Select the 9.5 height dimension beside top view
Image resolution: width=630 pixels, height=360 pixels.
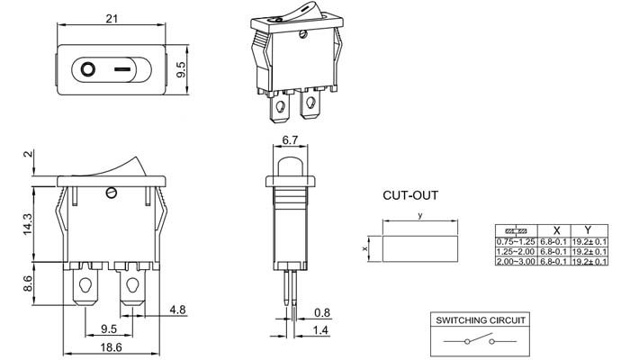coord(182,70)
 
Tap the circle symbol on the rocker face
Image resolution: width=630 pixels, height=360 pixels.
coord(88,68)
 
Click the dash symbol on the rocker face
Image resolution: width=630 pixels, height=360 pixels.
coord(124,68)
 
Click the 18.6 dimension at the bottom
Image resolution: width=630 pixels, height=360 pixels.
coord(111,346)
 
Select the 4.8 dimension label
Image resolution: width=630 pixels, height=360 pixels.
coord(177,310)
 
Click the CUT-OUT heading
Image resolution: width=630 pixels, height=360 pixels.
coord(410,194)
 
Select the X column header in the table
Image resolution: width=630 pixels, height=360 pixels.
coord(556,230)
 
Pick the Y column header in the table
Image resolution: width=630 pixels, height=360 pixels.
coord(588,230)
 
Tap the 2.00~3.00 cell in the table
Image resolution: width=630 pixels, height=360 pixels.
coord(516,261)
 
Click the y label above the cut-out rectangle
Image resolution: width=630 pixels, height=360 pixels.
coord(419,217)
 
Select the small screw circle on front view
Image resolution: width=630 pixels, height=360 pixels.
coord(112,192)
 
